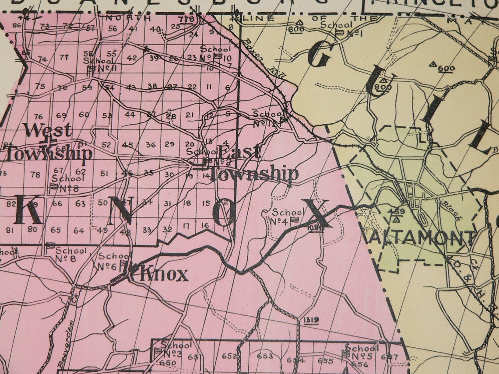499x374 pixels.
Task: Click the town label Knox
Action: coord(164,274)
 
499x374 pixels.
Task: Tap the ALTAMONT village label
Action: coord(422,239)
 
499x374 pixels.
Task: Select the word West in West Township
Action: coord(47,130)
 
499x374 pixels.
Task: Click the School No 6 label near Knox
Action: coord(113,261)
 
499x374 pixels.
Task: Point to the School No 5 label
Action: coord(362,352)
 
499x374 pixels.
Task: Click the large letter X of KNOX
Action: coord(316,213)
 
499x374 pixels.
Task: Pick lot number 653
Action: coord(265,356)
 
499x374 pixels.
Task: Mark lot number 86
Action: coord(17,25)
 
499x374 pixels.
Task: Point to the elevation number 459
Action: coord(397,211)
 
